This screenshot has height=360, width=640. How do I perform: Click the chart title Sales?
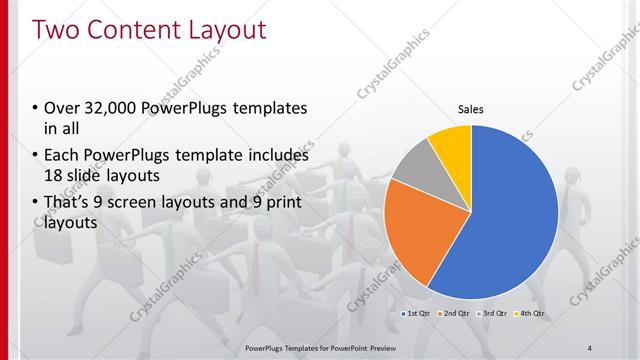(x=471, y=109)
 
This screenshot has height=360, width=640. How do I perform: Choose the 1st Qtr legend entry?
(x=417, y=314)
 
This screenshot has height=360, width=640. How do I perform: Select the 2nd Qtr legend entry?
(x=456, y=314)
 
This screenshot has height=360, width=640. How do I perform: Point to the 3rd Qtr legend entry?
(x=494, y=314)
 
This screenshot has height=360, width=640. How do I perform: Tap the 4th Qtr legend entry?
(x=531, y=314)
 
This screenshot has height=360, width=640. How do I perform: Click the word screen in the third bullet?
(x=150, y=204)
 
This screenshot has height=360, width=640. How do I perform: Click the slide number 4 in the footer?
(x=590, y=348)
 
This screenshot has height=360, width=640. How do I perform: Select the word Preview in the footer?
(x=391, y=348)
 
